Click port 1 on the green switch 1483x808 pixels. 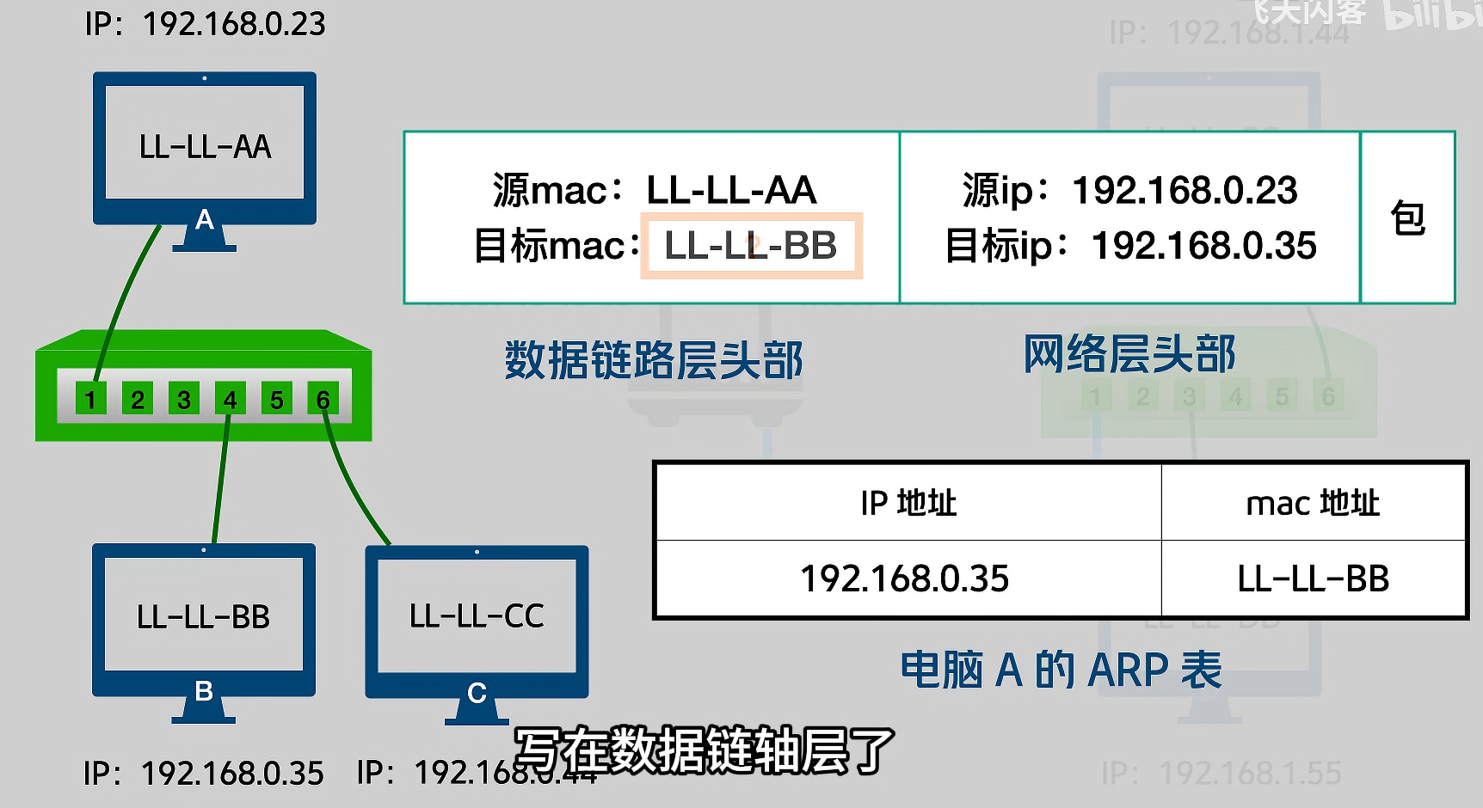90,399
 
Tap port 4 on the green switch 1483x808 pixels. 230,399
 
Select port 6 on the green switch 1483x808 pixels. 323,399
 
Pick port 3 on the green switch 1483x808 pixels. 183,399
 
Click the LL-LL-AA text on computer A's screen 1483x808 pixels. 205,147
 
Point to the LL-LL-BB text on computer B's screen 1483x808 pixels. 203,617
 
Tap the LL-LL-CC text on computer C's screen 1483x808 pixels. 477,616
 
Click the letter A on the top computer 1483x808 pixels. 205,220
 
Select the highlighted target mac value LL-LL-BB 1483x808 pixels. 751,247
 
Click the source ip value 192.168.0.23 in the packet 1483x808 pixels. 1184,190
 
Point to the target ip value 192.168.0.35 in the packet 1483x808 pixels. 1203,246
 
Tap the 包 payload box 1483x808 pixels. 1408,217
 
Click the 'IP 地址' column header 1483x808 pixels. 908,503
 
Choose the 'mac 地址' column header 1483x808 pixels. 1313,503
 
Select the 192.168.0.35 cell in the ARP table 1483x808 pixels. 905,578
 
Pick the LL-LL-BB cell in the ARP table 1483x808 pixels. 1313,578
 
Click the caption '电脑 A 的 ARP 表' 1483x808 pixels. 1061,670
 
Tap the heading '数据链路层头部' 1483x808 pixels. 654,360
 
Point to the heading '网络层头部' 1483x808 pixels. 1129,354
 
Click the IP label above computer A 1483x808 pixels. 205,24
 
